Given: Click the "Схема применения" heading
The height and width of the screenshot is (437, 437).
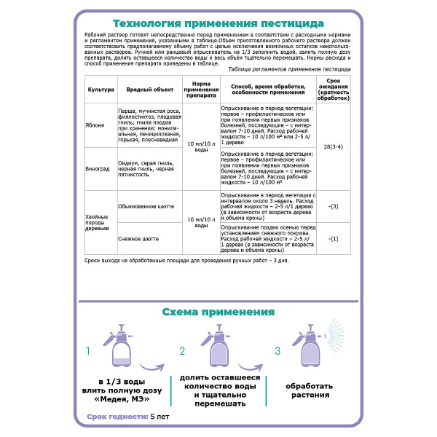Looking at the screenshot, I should (x=218, y=311).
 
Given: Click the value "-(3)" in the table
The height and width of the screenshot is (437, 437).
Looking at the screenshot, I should (x=333, y=206).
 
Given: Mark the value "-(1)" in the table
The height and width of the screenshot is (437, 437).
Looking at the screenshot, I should (x=333, y=238).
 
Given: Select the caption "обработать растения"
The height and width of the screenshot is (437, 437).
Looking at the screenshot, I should (x=310, y=390).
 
